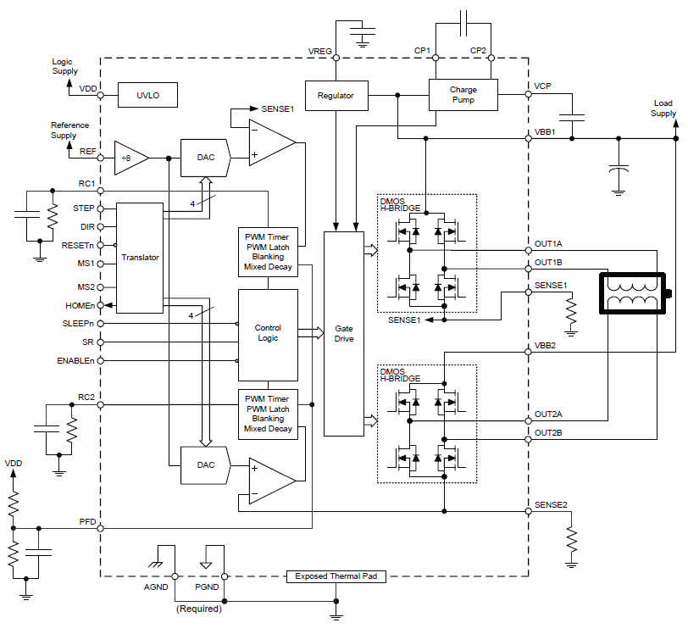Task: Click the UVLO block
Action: [x=148, y=96]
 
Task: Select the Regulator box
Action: [x=336, y=96]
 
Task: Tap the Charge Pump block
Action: [x=463, y=95]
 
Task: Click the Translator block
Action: [x=141, y=257]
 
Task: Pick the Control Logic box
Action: [x=268, y=333]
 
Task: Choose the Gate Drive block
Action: [x=344, y=333]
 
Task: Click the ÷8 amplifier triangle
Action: [x=130, y=158]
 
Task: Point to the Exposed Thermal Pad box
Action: [x=336, y=576]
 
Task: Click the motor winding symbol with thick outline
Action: [x=635, y=294]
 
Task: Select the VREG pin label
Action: [x=319, y=51]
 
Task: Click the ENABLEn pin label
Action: [x=75, y=361]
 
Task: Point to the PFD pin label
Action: [x=87, y=521]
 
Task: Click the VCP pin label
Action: [x=543, y=86]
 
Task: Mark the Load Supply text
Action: [x=663, y=108]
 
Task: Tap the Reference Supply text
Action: [x=69, y=131]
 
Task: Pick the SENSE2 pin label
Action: [x=551, y=505]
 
